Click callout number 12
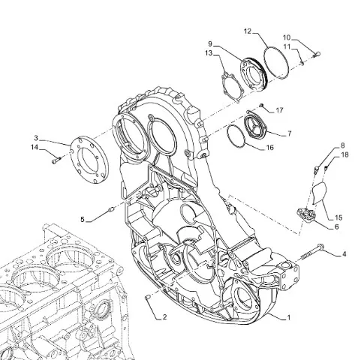tap(247, 31)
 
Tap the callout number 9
tap(210, 44)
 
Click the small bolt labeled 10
tap(317, 54)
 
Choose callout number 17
tap(279, 110)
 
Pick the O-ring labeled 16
tap(236, 136)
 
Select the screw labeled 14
tap(57, 160)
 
